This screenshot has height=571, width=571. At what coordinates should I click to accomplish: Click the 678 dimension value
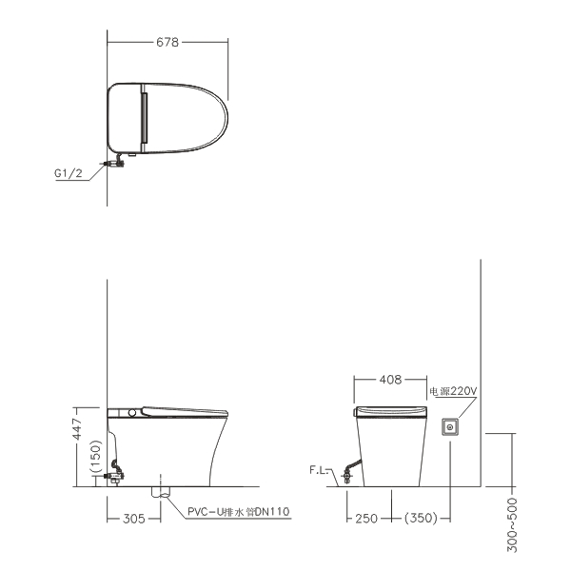(x=167, y=42)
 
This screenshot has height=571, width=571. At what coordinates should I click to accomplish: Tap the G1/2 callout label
(x=69, y=173)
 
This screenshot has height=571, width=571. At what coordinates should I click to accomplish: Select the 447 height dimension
(x=78, y=429)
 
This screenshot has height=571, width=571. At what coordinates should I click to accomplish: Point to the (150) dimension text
(x=95, y=457)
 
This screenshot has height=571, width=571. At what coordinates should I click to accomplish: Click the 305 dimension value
(x=134, y=519)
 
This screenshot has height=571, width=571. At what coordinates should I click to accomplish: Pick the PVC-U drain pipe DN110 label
(x=239, y=512)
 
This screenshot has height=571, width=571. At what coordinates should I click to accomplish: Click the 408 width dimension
(x=390, y=380)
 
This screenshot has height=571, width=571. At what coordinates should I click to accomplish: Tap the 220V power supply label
(x=453, y=391)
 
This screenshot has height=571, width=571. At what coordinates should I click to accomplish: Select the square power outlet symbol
(x=450, y=426)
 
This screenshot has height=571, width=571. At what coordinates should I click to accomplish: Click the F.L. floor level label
(x=319, y=470)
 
